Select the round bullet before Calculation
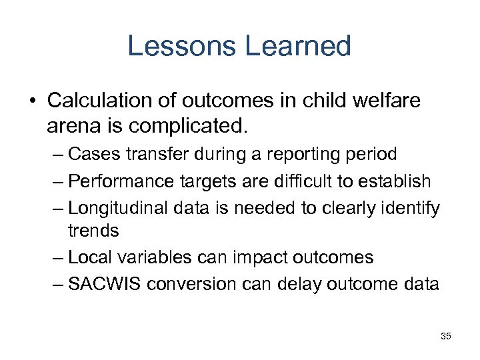click(33, 101)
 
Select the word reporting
click(304, 155)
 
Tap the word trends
click(93, 231)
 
